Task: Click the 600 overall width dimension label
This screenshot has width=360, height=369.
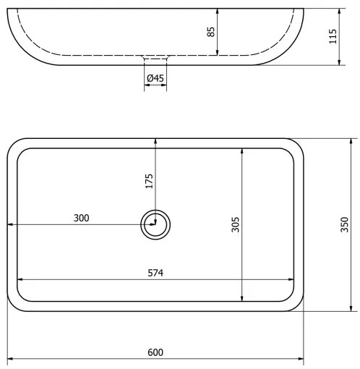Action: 155,352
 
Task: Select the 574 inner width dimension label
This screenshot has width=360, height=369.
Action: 155,273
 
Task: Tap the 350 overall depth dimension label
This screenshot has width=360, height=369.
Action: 345,224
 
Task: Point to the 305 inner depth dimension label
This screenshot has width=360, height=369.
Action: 236,224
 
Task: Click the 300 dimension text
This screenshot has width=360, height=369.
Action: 81,218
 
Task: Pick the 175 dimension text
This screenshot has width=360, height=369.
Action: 149,181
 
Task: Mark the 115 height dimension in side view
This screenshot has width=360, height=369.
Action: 333,36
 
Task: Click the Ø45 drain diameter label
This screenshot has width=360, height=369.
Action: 155,78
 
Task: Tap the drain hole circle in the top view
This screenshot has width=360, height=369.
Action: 155,224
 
